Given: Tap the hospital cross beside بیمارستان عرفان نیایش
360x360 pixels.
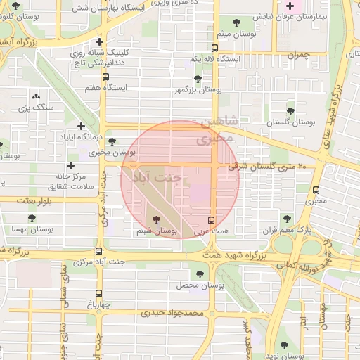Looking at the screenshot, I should click(290, 7).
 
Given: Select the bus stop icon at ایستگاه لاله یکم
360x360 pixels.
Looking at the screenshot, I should click(215, 49).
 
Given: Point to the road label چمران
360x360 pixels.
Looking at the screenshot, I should click(298, 54).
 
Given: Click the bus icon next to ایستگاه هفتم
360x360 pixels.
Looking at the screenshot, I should click(105, 77).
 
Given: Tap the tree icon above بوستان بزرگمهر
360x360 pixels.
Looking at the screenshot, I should click(198, 79).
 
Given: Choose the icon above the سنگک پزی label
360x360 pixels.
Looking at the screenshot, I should click(36, 97).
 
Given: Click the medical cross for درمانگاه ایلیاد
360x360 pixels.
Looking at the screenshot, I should click(81, 126).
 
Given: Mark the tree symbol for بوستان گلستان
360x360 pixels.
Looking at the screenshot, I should click(290, 111).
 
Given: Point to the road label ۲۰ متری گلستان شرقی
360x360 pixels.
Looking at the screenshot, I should click(268, 166).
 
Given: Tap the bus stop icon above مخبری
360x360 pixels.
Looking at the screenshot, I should click(316, 190).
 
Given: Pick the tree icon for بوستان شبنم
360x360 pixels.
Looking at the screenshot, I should click(155, 219).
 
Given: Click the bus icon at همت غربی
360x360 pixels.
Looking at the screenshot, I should click(212, 219).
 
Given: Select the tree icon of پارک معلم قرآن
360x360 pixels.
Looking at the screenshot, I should click(285, 219).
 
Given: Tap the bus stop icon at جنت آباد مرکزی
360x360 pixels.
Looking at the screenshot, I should click(98, 251).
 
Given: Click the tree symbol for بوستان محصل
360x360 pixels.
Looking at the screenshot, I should click(200, 274).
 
